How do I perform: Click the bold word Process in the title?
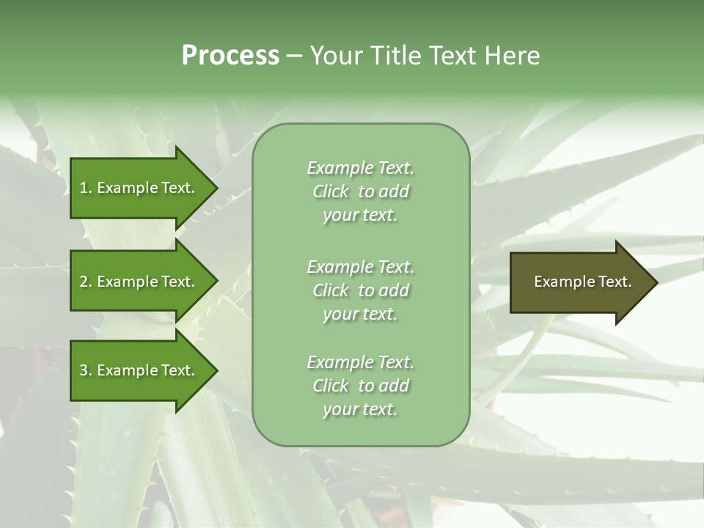(230, 56)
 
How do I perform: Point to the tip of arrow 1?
(216, 188)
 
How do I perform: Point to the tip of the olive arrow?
(656, 282)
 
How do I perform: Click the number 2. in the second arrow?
(86, 282)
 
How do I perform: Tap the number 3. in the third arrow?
(86, 370)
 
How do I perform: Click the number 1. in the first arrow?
(86, 188)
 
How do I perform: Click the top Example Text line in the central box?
(360, 168)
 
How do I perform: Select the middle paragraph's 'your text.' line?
(360, 314)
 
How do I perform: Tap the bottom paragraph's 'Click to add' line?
(360, 386)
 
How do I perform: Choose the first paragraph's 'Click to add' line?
(360, 191)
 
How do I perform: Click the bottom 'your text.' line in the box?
(360, 409)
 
